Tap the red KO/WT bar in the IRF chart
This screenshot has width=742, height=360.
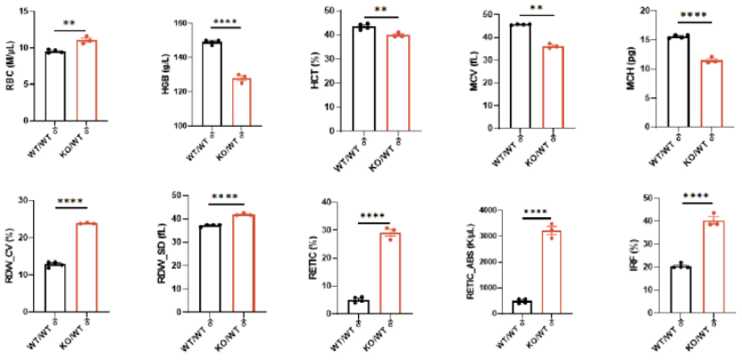(x=713, y=267)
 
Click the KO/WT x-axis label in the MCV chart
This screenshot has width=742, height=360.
(x=554, y=146)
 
